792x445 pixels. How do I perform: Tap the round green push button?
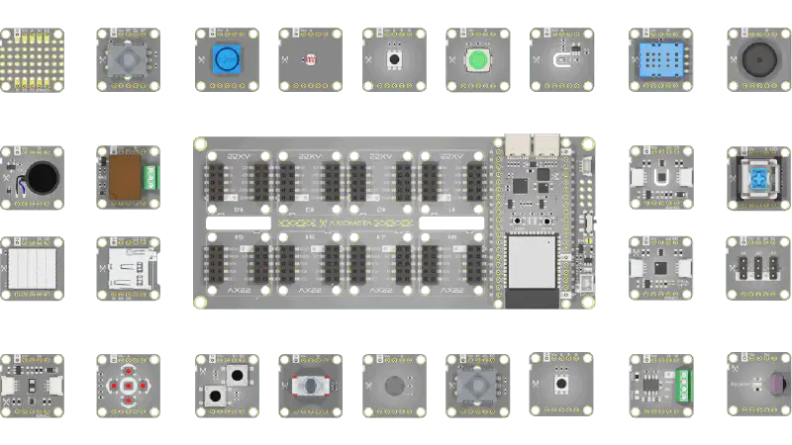[479, 60]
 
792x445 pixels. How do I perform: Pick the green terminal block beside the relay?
[150, 178]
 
